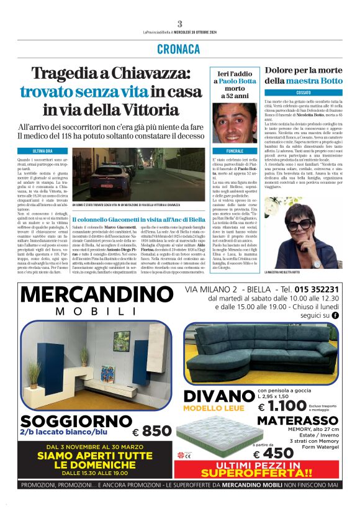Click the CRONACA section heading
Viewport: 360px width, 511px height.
179,48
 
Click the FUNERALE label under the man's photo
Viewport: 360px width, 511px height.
235,151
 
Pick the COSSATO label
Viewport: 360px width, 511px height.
304,92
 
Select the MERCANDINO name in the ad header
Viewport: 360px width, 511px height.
97,294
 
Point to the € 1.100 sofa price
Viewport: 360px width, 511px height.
282,407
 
